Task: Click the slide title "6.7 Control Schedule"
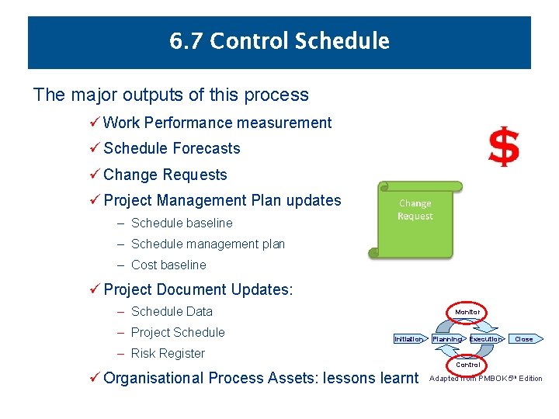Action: click(279, 41)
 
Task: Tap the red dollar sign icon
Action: click(503, 147)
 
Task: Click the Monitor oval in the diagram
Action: click(467, 312)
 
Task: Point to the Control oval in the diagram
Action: click(467, 364)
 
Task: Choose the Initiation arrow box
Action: click(409, 339)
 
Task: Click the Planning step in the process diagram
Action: click(447, 339)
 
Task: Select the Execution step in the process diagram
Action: click(486, 339)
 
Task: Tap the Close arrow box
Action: click(525, 339)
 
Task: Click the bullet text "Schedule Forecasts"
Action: click(172, 148)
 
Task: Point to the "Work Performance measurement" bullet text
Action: click(217, 123)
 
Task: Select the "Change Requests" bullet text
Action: click(165, 175)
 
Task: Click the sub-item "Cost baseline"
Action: click(168, 265)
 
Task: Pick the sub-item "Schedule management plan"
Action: click(207, 244)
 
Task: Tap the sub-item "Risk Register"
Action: click(168, 353)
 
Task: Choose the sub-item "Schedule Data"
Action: click(172, 311)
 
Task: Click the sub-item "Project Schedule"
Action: click(178, 332)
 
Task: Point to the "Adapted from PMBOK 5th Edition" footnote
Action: click(485, 379)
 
